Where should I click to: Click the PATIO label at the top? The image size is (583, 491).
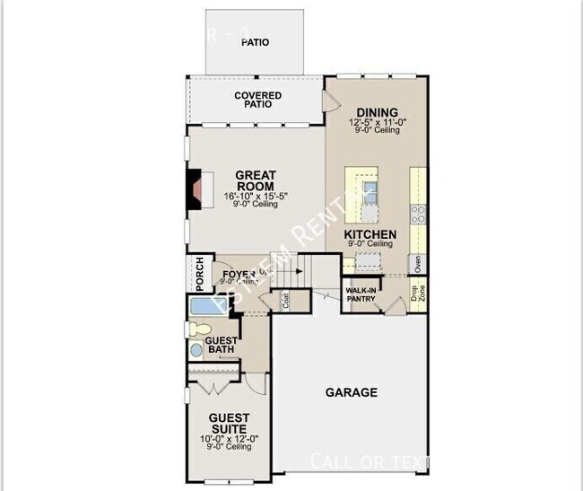pyautogui.click(x=256, y=42)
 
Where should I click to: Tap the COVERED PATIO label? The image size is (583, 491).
pyautogui.click(x=257, y=100)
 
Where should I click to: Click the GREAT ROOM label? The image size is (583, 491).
pyautogui.click(x=256, y=180)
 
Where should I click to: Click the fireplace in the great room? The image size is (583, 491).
pyautogui.click(x=195, y=189)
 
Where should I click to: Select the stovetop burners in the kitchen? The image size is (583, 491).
pyautogui.click(x=418, y=215)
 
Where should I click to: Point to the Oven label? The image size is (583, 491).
pyautogui.click(x=417, y=264)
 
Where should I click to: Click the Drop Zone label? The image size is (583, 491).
pyautogui.click(x=417, y=293)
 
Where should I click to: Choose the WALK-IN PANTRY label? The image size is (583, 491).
pyautogui.click(x=361, y=294)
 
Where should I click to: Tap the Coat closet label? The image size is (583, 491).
pyautogui.click(x=286, y=301)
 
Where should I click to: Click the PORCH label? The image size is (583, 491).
pyautogui.click(x=199, y=273)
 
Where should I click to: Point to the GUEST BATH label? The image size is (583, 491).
pyautogui.click(x=222, y=346)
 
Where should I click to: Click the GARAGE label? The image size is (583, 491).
pyautogui.click(x=351, y=392)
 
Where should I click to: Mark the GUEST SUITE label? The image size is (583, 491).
pyautogui.click(x=229, y=423)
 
